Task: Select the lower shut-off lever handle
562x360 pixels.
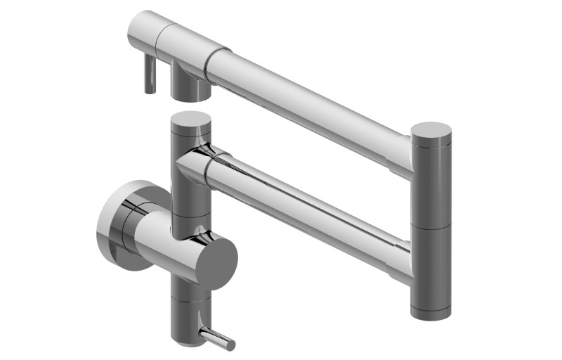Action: point(218,339)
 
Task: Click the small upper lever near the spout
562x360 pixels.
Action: point(150,75)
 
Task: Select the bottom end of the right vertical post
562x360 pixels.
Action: point(431,313)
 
